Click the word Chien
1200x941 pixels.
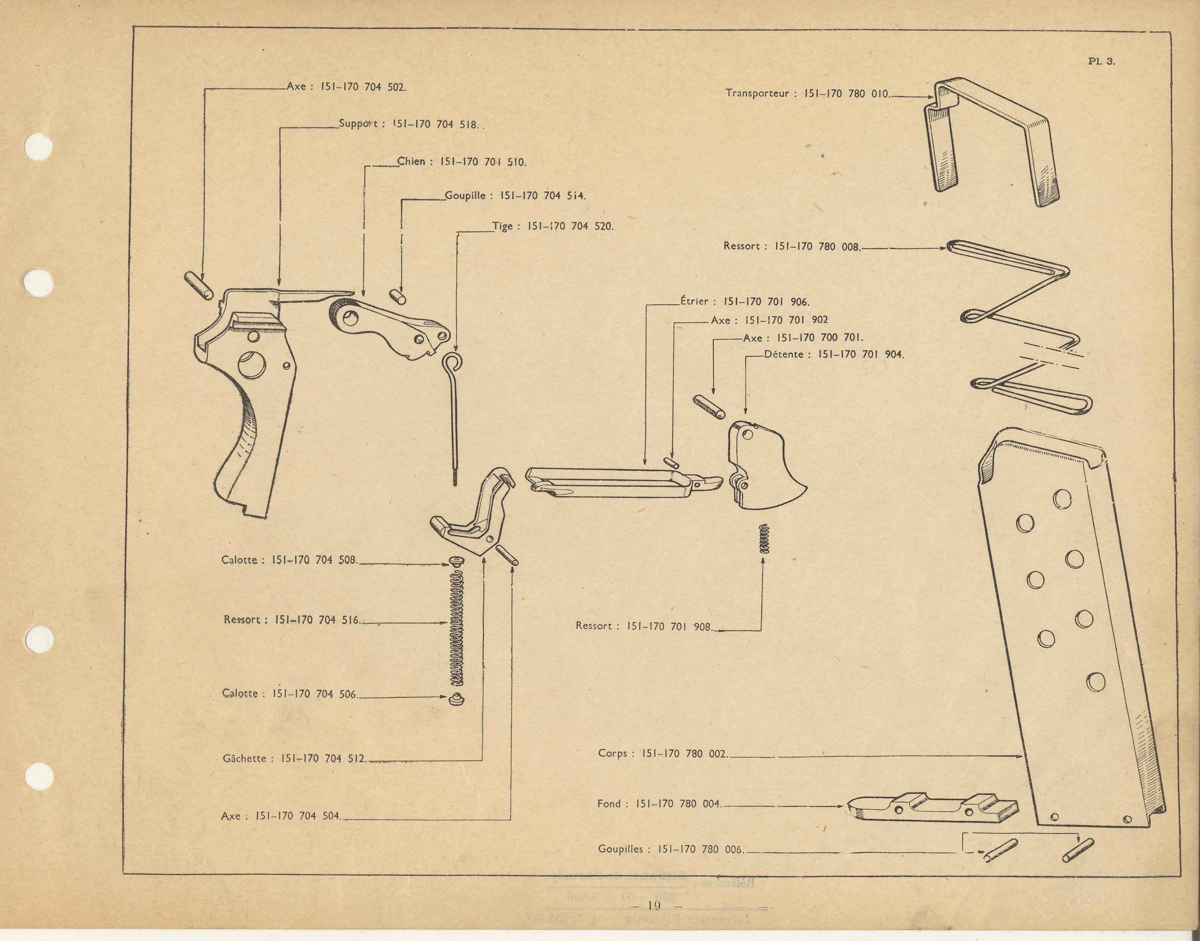(411, 161)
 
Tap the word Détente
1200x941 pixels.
(786, 354)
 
